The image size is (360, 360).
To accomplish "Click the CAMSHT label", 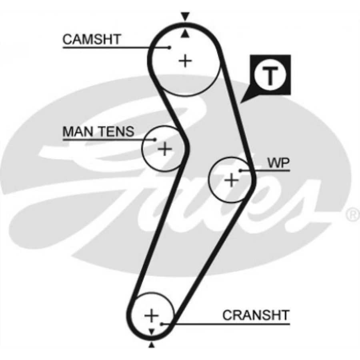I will pyautogui.click(x=92, y=40).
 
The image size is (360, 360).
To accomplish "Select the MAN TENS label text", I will pyautogui.click(x=98, y=132).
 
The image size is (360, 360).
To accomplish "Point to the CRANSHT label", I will pyautogui.click(x=256, y=315).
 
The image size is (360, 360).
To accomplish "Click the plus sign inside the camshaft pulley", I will pyautogui.click(x=185, y=61).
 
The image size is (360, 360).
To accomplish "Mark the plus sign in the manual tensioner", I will pyautogui.click(x=164, y=149).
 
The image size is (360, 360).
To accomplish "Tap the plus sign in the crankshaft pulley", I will pyautogui.click(x=152, y=316).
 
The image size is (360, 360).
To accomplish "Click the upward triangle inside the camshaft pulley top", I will pyautogui.click(x=184, y=34).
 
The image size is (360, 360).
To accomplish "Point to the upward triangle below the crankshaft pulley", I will pyautogui.click(x=152, y=345).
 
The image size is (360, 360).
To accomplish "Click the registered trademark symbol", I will pyautogui.click(x=352, y=215).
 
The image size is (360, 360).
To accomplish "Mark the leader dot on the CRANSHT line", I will pyautogui.click(x=161, y=323).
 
